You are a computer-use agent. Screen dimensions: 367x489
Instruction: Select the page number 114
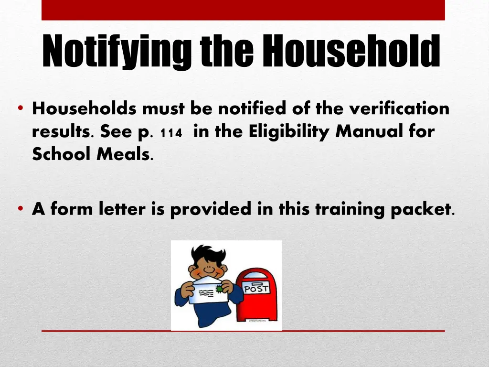[x=171, y=134]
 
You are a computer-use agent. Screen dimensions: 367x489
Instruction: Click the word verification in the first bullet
[x=399, y=109]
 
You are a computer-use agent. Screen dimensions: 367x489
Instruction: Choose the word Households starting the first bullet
[x=84, y=109]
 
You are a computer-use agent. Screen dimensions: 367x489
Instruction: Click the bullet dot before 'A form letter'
[x=21, y=209]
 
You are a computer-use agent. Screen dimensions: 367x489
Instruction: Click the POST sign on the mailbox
[x=256, y=289]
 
